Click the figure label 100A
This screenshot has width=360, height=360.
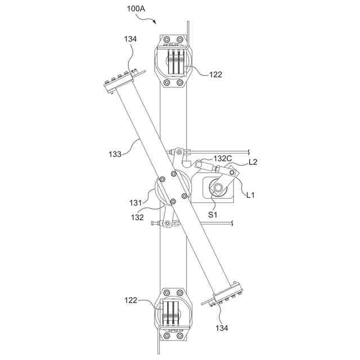click(x=137, y=10)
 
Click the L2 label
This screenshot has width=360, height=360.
click(x=253, y=162)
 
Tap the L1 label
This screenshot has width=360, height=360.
click(x=251, y=195)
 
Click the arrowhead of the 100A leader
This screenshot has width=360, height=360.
click(x=156, y=23)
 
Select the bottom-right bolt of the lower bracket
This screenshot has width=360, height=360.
click(x=180, y=336)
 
